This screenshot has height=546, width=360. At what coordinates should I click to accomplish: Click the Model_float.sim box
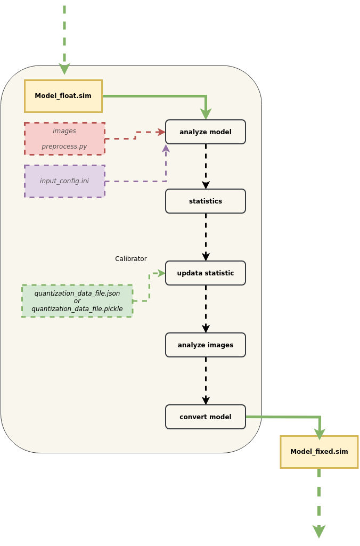tap(63, 96)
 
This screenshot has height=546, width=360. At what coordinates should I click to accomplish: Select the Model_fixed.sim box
tap(319, 452)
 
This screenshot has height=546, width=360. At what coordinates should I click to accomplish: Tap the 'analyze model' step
tap(206, 132)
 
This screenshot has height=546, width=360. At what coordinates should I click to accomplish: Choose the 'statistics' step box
tap(206, 201)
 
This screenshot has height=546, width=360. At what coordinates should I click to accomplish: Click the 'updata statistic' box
tap(206, 273)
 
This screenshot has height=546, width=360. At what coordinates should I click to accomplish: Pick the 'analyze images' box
tap(206, 345)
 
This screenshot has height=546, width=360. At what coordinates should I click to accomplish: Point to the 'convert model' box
tap(206, 417)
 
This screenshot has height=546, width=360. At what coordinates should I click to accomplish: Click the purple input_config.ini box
tap(64, 181)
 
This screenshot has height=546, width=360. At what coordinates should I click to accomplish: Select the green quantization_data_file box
tap(77, 301)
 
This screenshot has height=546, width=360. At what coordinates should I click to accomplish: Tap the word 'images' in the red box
tap(64, 131)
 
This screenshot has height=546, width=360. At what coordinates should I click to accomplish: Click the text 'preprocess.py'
tap(64, 146)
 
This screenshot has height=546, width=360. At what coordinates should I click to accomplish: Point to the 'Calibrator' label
tap(131, 259)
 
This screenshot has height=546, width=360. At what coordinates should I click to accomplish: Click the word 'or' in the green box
tap(77, 301)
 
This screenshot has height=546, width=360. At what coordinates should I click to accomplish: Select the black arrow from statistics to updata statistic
tap(206, 237)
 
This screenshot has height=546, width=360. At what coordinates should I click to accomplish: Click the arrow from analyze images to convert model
tap(206, 381)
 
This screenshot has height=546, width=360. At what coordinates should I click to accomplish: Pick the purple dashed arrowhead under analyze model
tap(166, 148)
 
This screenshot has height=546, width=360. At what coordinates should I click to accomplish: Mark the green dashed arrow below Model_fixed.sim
tap(319, 503)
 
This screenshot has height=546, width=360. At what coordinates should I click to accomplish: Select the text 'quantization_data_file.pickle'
tap(77, 309)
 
